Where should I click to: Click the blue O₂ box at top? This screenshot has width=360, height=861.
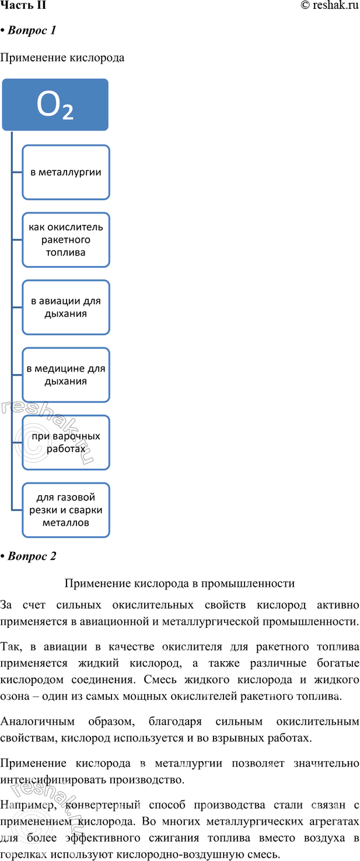click(x=55, y=105)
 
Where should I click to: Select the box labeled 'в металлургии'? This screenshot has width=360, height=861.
click(x=66, y=172)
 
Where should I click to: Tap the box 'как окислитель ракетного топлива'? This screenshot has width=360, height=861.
click(x=66, y=239)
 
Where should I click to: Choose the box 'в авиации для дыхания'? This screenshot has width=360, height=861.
click(x=66, y=307)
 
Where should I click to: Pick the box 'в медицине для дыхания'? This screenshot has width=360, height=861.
click(x=66, y=374)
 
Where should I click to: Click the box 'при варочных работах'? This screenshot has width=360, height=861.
click(x=66, y=442)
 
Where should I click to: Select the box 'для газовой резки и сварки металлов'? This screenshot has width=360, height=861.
click(x=66, y=510)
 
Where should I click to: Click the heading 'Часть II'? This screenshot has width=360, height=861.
click(x=23, y=6)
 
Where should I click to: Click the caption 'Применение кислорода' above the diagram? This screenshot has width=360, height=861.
click(x=62, y=58)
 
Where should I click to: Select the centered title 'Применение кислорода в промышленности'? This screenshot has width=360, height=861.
click(x=180, y=583)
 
